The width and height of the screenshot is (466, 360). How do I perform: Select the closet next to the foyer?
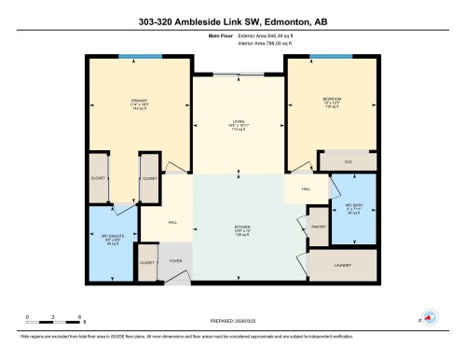[x=147, y=264]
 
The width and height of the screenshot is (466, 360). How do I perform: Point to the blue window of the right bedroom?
[x=324, y=57]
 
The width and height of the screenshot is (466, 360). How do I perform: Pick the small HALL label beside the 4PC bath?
[x=306, y=189]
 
